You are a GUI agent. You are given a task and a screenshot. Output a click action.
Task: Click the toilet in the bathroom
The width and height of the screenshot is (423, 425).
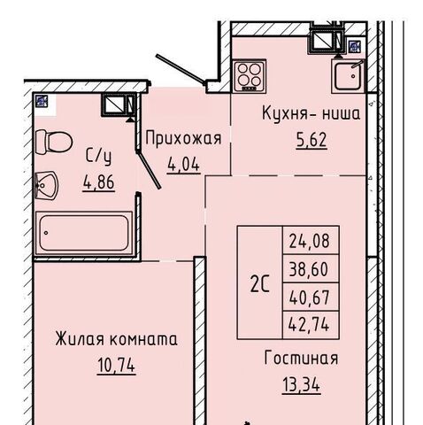54,142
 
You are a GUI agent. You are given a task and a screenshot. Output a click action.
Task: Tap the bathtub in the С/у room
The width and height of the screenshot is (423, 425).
84,233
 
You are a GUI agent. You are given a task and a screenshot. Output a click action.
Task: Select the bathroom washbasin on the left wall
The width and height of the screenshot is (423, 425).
47,185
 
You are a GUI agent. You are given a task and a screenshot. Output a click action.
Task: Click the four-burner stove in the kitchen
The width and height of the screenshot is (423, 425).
250,75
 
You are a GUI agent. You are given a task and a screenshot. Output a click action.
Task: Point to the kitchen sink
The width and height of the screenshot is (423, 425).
348,75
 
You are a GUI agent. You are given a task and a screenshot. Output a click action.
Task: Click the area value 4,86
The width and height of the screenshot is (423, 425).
99,182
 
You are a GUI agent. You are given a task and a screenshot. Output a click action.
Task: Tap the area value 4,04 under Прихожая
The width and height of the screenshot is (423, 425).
183,165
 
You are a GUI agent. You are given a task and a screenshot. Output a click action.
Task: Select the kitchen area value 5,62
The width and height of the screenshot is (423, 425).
311,140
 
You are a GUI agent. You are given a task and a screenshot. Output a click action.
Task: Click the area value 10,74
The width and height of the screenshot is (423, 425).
116,366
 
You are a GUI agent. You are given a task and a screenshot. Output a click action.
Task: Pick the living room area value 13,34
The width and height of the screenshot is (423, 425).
301,385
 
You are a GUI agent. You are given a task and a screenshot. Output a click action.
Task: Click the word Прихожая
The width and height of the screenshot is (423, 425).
183,138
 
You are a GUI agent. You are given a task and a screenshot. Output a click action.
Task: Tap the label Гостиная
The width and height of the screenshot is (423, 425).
301,358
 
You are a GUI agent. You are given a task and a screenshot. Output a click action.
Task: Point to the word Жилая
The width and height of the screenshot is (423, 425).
80,339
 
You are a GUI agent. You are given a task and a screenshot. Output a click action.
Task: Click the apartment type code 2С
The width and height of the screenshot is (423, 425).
260,284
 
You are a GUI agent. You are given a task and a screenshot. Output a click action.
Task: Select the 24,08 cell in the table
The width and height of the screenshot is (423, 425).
309,241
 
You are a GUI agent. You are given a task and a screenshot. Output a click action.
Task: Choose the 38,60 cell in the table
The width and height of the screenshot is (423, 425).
309,269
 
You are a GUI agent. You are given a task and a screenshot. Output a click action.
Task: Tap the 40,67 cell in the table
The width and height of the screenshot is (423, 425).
309,297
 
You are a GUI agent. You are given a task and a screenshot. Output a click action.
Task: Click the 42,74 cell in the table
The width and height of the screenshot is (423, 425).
309,325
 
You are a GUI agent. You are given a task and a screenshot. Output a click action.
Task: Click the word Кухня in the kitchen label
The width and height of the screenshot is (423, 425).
284,113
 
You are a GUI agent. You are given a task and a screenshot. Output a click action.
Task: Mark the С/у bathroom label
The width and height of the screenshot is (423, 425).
99,157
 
